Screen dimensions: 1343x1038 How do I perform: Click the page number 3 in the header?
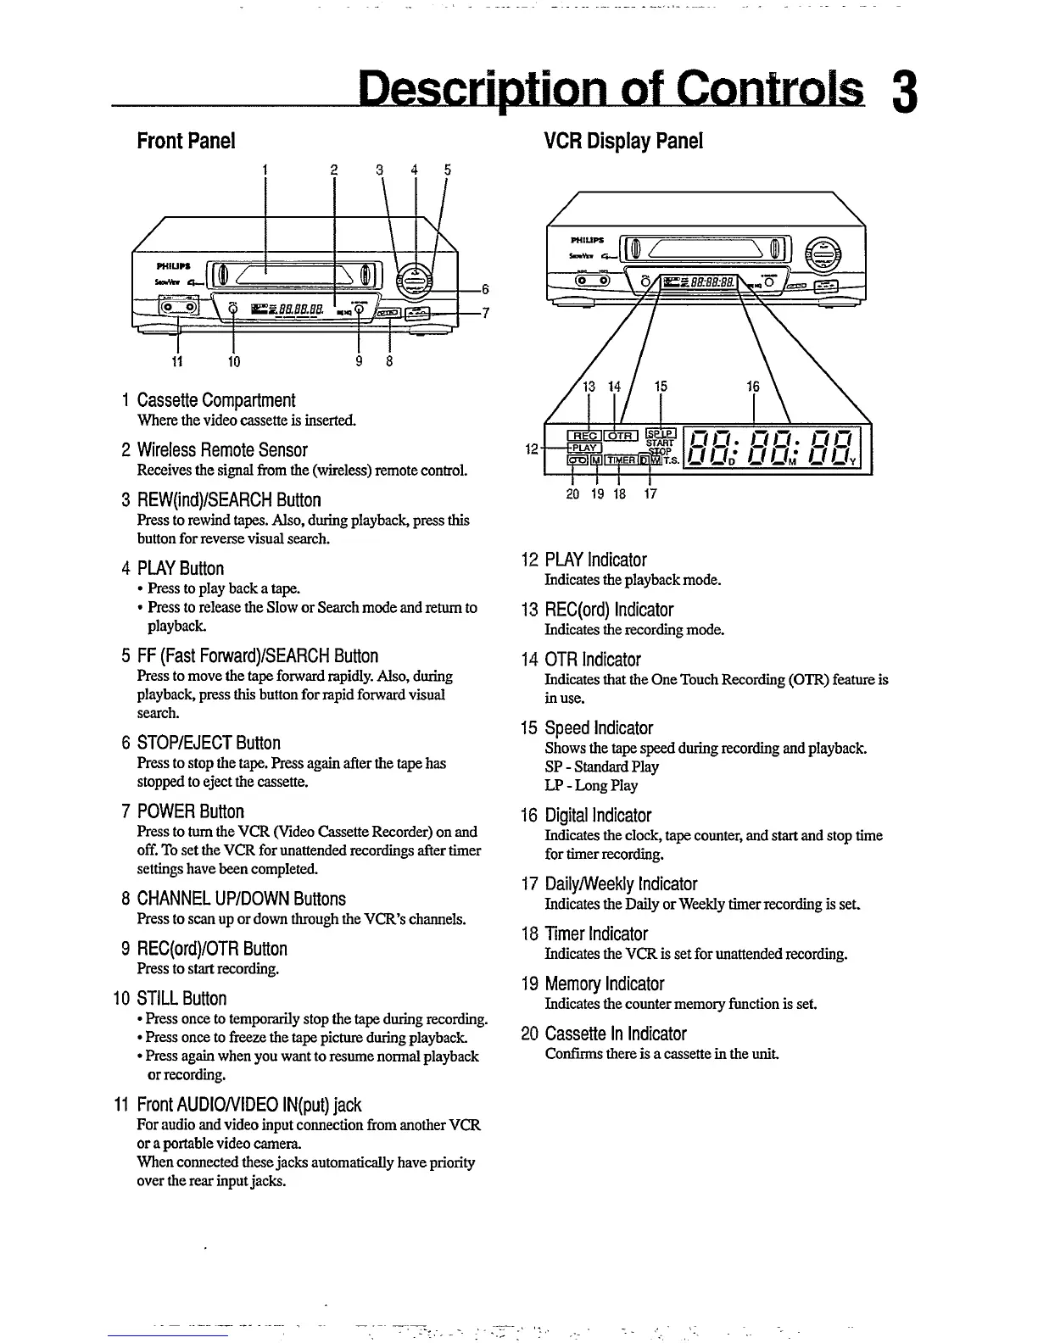tap(904, 92)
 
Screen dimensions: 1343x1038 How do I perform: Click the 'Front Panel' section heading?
tap(186, 141)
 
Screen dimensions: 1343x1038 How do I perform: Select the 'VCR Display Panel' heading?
tap(623, 141)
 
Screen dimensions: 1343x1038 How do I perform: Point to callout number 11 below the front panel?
tap(178, 361)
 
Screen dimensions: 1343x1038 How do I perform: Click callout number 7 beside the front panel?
tap(485, 313)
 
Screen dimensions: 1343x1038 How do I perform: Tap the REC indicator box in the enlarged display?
tap(585, 436)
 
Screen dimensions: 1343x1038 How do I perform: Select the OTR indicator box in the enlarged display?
tap(620, 436)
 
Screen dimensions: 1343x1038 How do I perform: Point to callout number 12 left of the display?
tap(531, 449)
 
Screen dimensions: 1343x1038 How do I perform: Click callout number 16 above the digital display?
tap(753, 387)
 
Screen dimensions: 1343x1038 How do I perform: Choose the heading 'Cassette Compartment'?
tap(216, 400)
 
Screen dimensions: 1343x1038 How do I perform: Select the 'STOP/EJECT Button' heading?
tap(209, 744)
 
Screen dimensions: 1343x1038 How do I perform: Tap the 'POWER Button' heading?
tap(191, 811)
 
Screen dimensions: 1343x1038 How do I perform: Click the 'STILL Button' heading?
tap(181, 999)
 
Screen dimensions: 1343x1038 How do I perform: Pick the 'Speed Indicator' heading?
tap(599, 728)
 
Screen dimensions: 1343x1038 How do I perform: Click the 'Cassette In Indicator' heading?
tap(616, 1034)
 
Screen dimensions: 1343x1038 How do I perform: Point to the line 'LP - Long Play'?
tap(591, 785)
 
